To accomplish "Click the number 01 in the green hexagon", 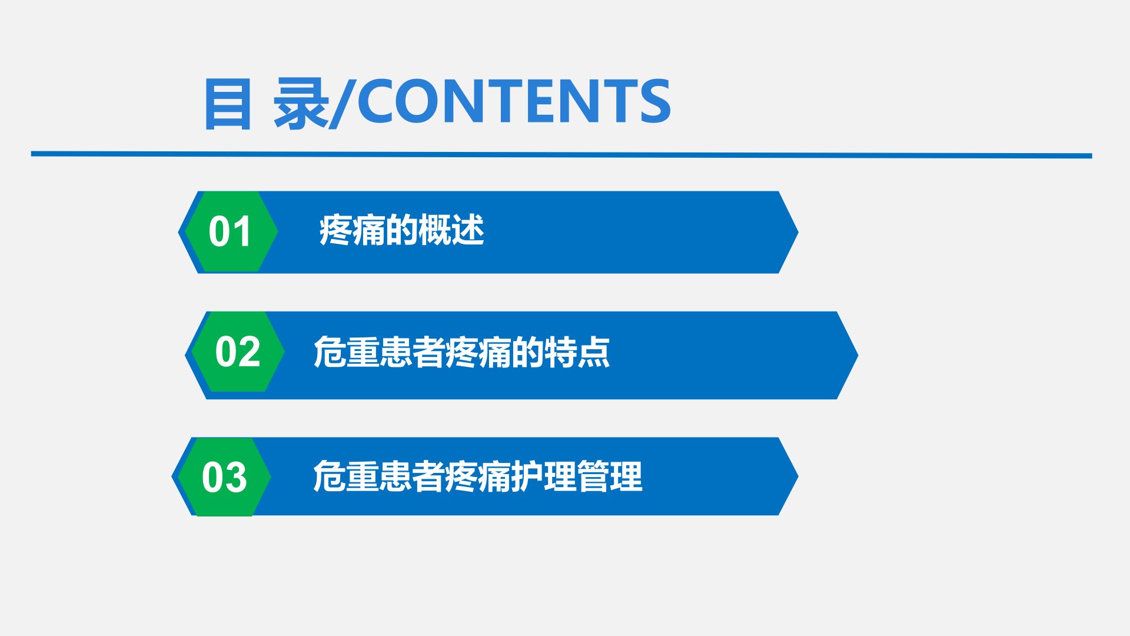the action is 230,231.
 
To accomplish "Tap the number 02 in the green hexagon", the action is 238,352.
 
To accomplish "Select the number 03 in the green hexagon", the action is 224,477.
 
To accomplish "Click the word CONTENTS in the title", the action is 514,101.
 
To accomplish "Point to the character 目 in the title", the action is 228,104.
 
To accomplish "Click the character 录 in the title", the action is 301,103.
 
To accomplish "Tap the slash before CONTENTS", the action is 343,103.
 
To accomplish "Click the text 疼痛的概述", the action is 401,230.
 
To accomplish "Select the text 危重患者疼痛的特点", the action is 461,352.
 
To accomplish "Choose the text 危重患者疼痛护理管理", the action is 477,476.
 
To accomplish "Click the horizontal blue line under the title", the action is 561,155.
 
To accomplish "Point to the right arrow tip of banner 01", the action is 798,233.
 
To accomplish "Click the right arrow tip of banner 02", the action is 858,355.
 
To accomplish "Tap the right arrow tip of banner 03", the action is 798,476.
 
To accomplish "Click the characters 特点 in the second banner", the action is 577,352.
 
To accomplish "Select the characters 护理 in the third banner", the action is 544,476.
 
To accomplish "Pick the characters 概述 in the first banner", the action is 451,230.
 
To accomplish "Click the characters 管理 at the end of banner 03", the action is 610,476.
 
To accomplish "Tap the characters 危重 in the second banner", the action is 346,352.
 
